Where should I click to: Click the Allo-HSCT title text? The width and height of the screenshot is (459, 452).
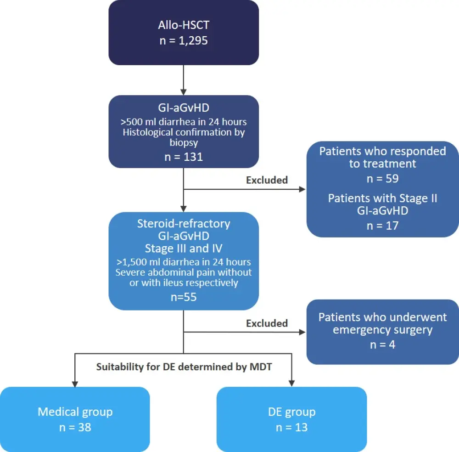pyautogui.click(x=183, y=26)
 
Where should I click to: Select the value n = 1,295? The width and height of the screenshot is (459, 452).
pyautogui.click(x=183, y=40)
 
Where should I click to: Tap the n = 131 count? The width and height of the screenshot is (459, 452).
pyautogui.click(x=183, y=157)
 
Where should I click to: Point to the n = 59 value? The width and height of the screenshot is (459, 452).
pyautogui.click(x=382, y=179)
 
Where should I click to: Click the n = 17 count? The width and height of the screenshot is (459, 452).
pyautogui.click(x=382, y=226)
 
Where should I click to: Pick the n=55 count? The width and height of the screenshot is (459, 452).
pyautogui.click(x=183, y=297)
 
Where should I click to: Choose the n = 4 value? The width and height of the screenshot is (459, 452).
pyautogui.click(x=382, y=344)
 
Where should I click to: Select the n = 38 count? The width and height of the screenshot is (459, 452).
pyautogui.click(x=75, y=427)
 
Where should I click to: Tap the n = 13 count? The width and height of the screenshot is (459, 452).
pyautogui.click(x=291, y=427)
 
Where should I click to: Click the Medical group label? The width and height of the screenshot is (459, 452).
pyautogui.click(x=75, y=412)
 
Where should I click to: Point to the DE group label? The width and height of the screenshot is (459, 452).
pyautogui.click(x=291, y=412)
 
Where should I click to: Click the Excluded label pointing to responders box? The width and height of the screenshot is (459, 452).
pyautogui.click(x=267, y=180)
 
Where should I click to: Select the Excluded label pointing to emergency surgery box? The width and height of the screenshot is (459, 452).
pyautogui.click(x=267, y=323)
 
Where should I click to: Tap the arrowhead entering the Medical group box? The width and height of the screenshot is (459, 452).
pyautogui.click(x=75, y=383)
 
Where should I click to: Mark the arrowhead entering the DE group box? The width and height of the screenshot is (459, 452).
pyautogui.click(x=291, y=383)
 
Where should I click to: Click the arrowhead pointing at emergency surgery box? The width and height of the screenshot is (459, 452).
pyautogui.click(x=302, y=332)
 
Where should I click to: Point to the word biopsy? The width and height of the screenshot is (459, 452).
pyautogui.click(x=183, y=143)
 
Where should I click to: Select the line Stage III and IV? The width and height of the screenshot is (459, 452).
pyautogui.click(x=183, y=249)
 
